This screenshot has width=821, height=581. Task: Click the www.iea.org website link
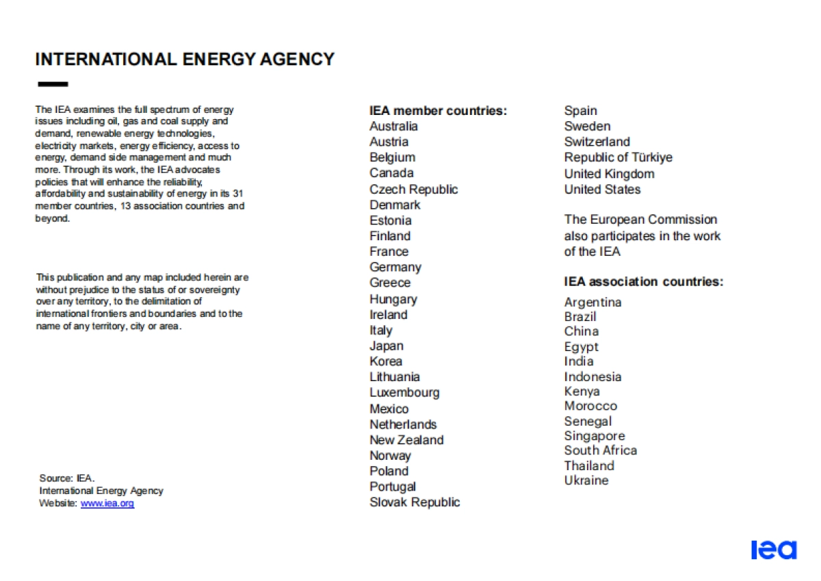pyautogui.click(x=107, y=504)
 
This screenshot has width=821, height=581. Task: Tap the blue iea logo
pyautogui.click(x=774, y=550)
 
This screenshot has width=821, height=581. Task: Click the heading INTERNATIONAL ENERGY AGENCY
pyautogui.click(x=185, y=60)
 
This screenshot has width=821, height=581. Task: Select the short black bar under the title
pyautogui.click(x=53, y=85)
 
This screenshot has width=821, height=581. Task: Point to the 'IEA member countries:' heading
pyautogui.click(x=438, y=111)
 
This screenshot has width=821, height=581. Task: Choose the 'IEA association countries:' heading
pyautogui.click(x=643, y=281)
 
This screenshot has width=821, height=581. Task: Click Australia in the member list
pyautogui.click(x=393, y=127)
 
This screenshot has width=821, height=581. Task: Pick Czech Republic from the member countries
pyautogui.click(x=413, y=190)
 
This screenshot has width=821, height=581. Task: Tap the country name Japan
pyautogui.click(x=387, y=346)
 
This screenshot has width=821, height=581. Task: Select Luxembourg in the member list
pyautogui.click(x=404, y=393)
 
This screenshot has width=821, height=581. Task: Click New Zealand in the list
pyautogui.click(x=406, y=440)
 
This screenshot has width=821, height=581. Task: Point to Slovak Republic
pyautogui.click(x=415, y=502)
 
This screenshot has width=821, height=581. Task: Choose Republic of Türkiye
pyautogui.click(x=618, y=157)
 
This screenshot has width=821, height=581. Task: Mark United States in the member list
pyautogui.click(x=602, y=190)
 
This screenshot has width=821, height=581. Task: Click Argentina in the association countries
pyautogui.click(x=592, y=302)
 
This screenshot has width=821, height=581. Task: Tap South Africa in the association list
pyautogui.click(x=600, y=450)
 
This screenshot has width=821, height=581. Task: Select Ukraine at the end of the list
pyautogui.click(x=586, y=480)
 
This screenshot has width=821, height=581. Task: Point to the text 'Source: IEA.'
pyautogui.click(x=67, y=478)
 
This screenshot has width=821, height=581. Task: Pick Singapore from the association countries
pyautogui.click(x=594, y=436)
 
